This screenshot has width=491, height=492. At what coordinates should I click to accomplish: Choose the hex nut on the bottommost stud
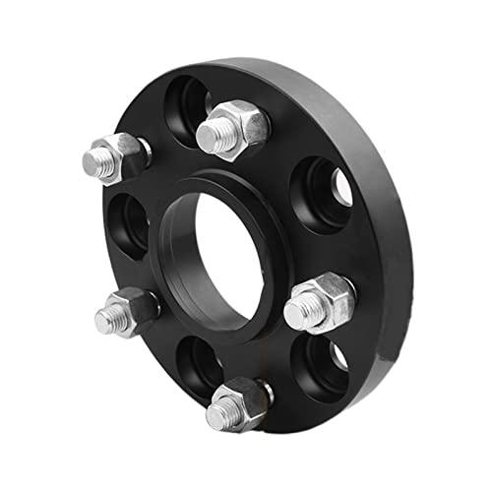click(x=249, y=399)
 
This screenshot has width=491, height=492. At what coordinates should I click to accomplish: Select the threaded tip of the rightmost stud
click(x=300, y=312)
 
